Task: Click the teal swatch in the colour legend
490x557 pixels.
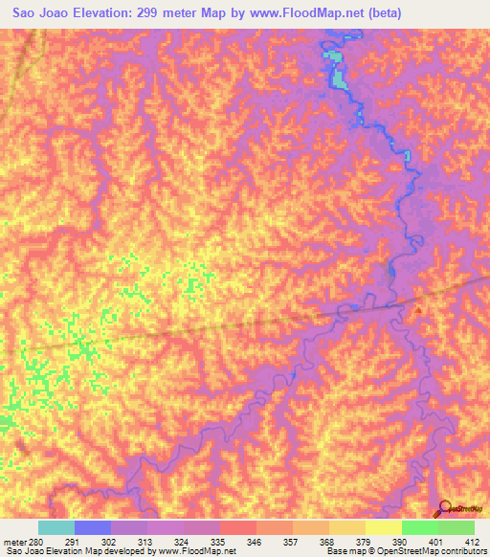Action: pyautogui.click(x=56, y=527)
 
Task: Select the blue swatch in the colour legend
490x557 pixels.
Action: pyautogui.click(x=93, y=527)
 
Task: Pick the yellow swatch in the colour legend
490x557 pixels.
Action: pyautogui.click(x=383, y=527)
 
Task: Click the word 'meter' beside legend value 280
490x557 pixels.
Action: pyautogui.click(x=14, y=541)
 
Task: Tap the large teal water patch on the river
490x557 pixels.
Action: pyautogui.click(x=336, y=73)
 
